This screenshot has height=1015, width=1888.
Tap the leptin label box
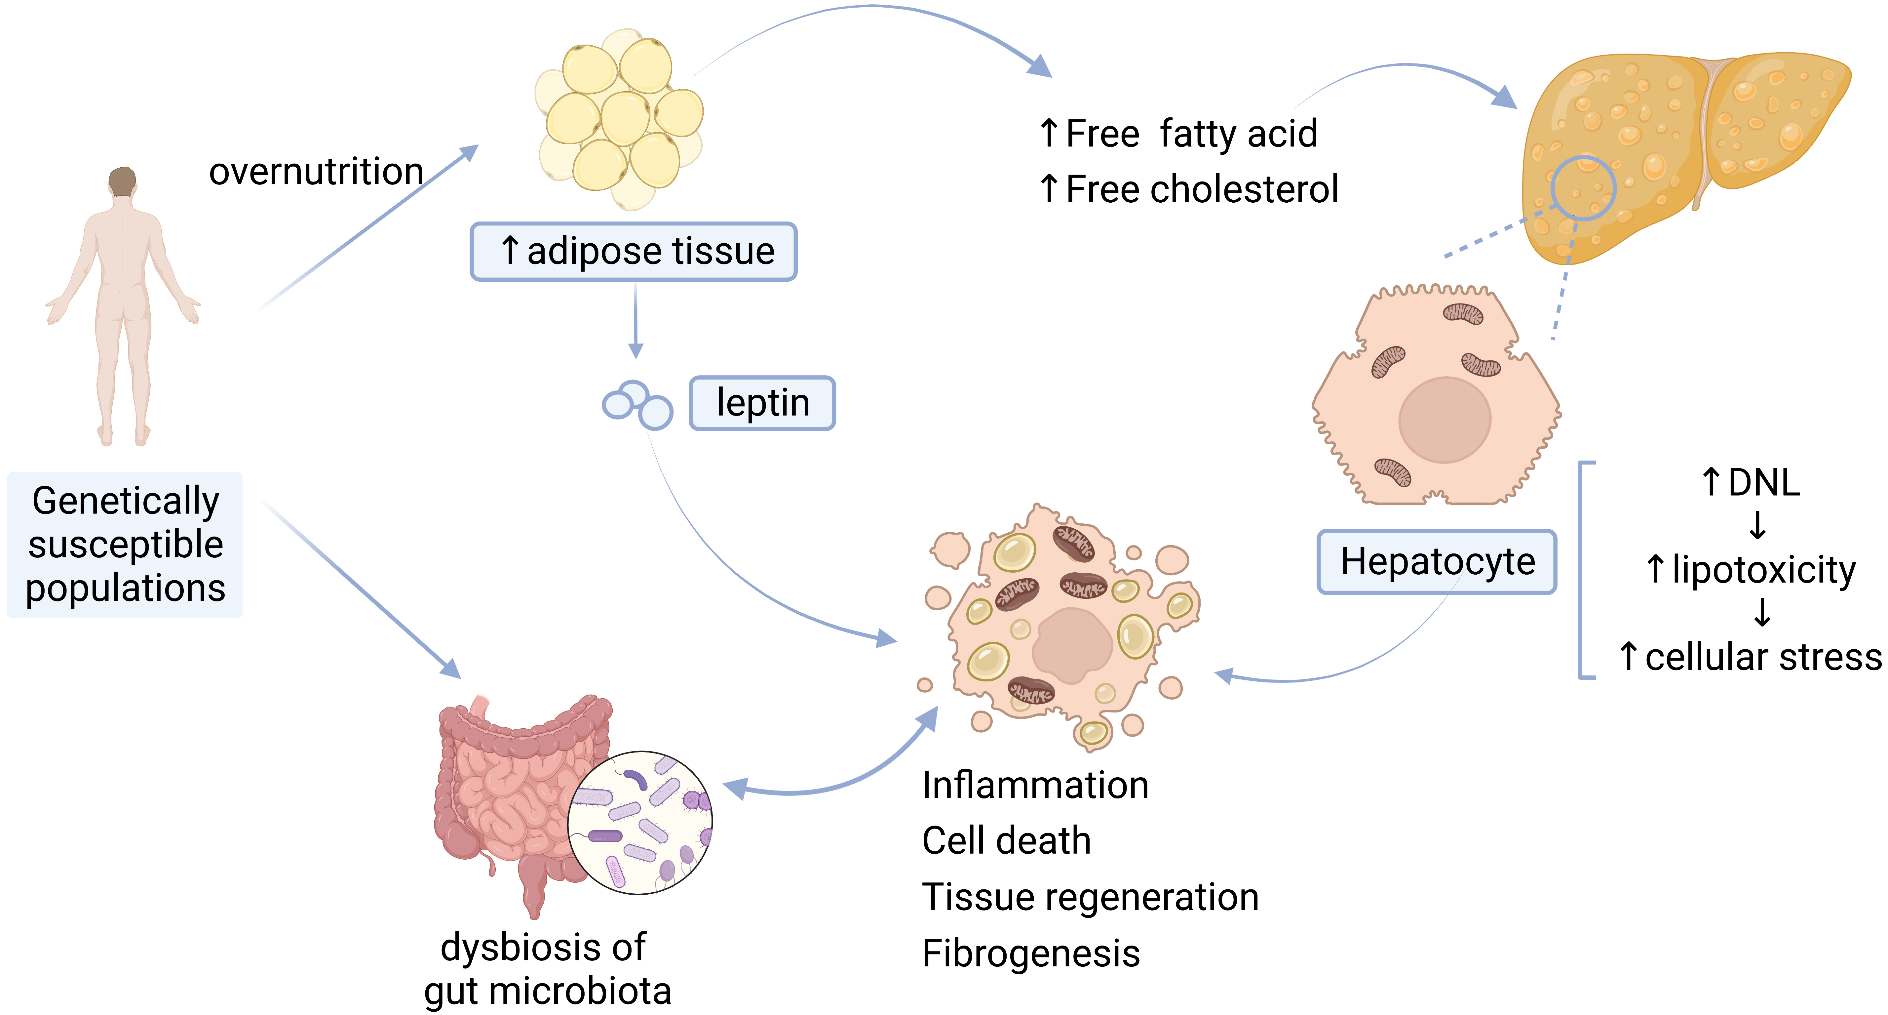click(x=762, y=403)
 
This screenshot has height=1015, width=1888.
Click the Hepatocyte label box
click(x=1437, y=562)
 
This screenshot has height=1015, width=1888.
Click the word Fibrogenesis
click(x=1030, y=954)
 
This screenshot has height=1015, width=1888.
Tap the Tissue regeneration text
click(x=1090, y=897)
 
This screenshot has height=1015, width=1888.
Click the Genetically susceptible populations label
click(x=125, y=544)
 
